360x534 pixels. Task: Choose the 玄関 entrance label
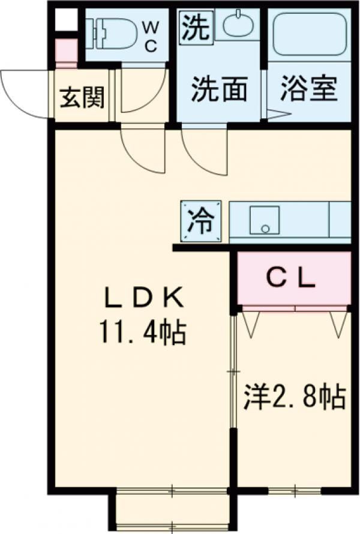pyautogui.click(x=82, y=97)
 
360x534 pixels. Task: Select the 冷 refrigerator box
pyautogui.click(x=201, y=221)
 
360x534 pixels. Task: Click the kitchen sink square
pyautogui.click(x=265, y=220)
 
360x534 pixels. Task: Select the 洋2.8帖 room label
pyautogui.click(x=294, y=397)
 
